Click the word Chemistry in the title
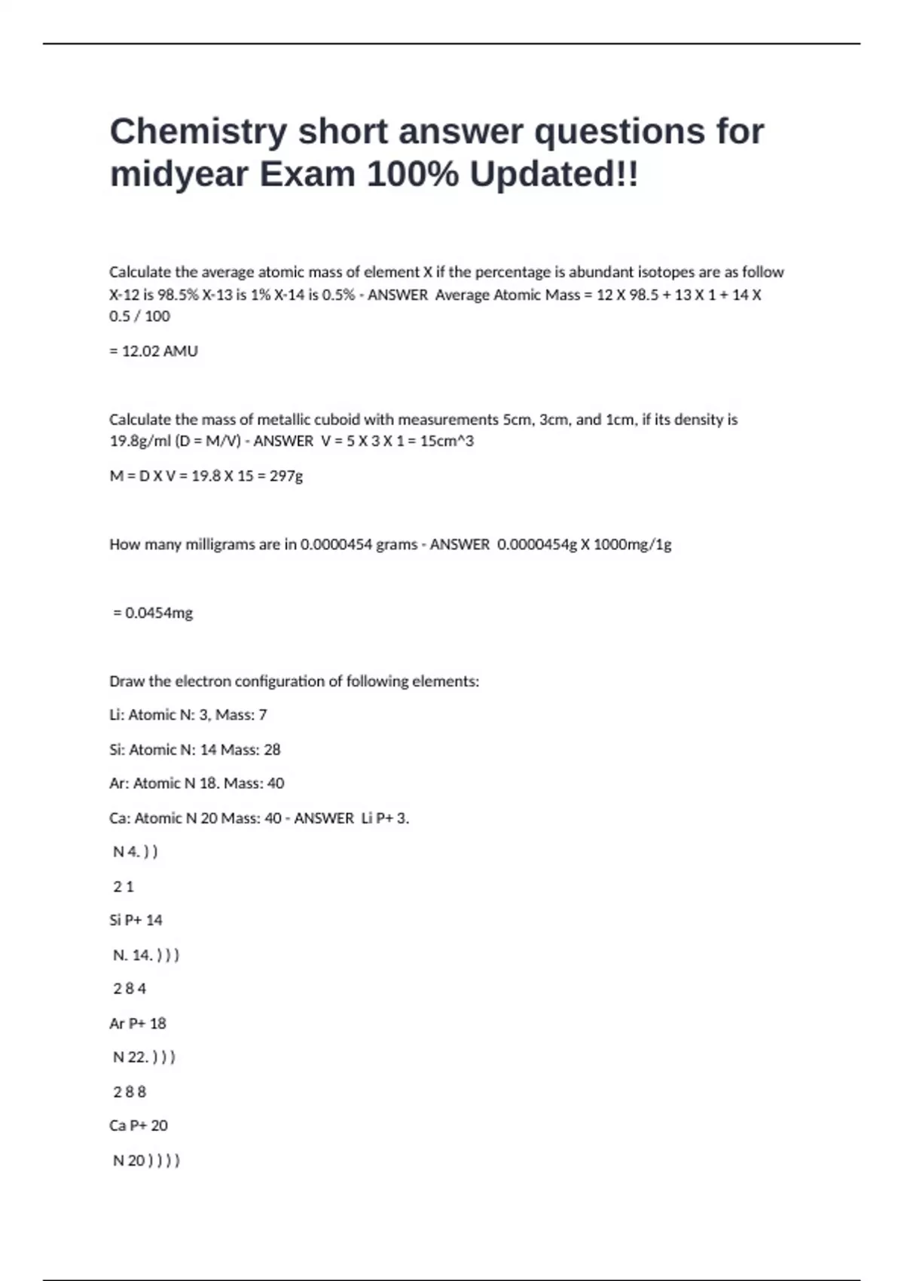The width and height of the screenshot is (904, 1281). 198,132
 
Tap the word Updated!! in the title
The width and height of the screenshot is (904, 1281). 554,175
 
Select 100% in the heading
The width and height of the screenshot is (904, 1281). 412,175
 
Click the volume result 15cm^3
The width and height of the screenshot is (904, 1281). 447,441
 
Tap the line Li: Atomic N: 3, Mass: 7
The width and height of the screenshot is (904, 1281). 188,714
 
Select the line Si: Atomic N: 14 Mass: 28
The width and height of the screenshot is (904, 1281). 194,750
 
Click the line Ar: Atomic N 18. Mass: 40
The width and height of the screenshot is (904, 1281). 197,784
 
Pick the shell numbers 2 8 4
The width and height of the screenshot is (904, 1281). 130,989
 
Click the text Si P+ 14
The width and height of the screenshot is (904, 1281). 136,920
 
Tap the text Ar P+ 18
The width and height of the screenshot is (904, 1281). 137,1023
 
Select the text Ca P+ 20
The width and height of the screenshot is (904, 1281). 138,1126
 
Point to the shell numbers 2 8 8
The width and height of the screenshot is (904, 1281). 130,1092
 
